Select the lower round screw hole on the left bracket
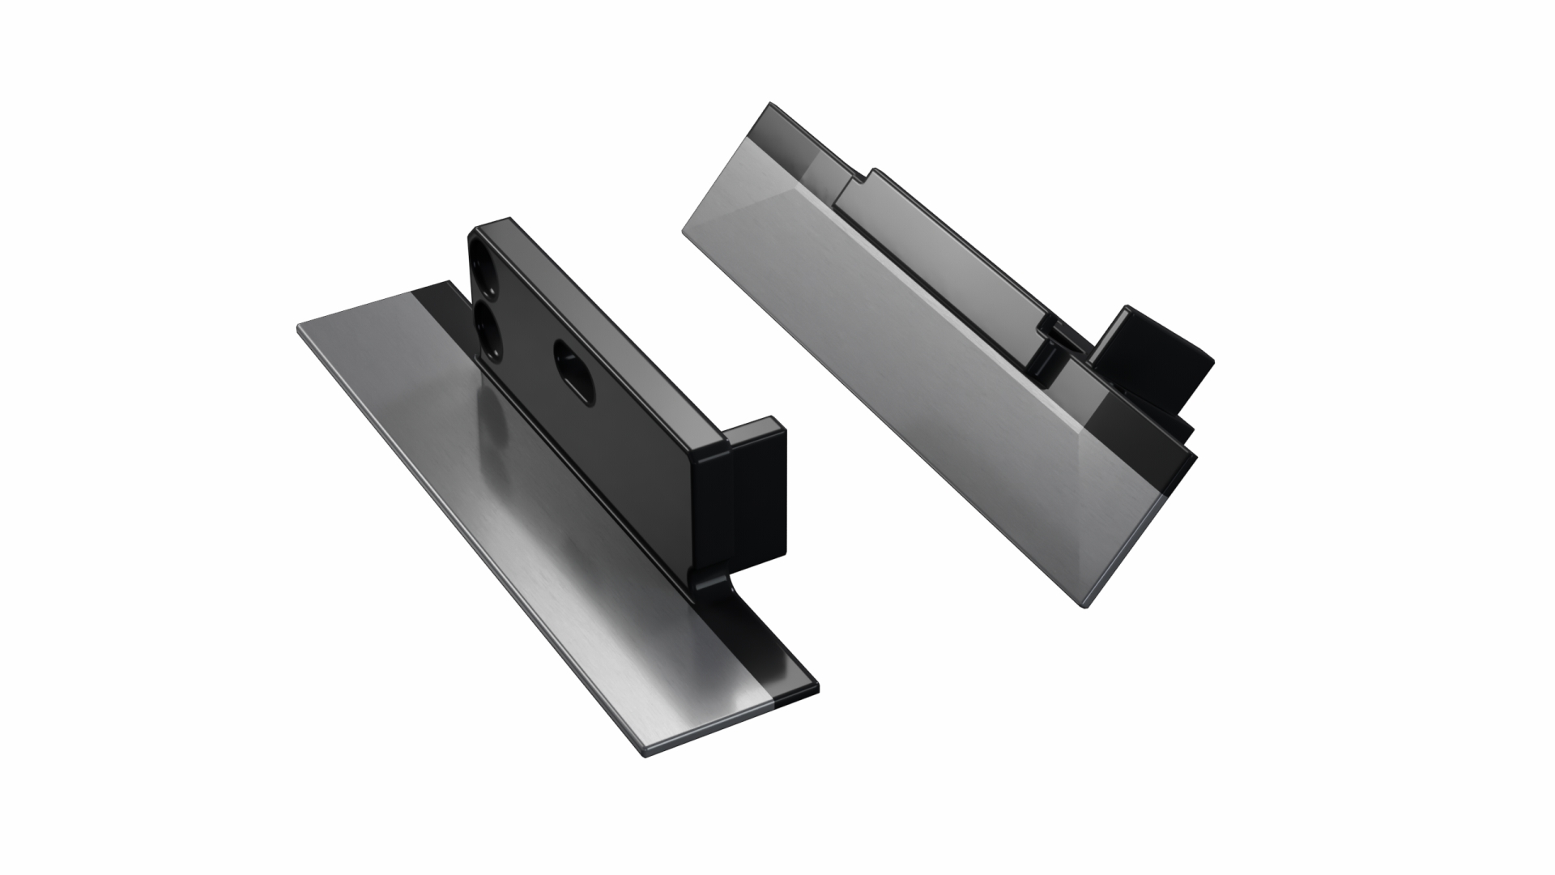coord(489,330)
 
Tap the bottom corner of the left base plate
coord(646,755)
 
